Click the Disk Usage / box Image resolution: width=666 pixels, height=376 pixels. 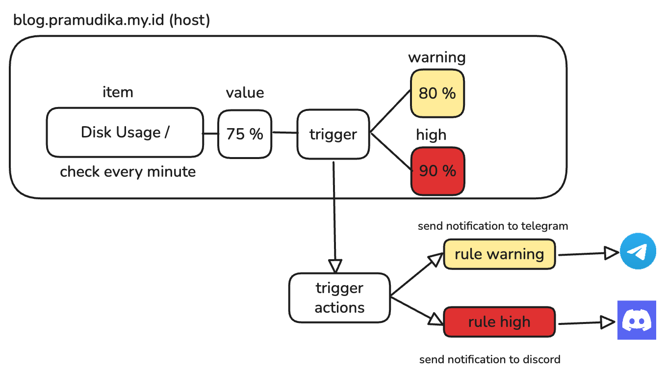125,133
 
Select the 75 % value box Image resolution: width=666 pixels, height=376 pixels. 245,134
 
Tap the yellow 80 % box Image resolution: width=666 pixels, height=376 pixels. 437,93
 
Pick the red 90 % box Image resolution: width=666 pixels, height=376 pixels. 437,171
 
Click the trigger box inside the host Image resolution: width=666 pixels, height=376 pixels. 333,134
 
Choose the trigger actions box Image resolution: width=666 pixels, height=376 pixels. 339,298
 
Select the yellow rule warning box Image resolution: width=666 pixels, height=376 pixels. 499,254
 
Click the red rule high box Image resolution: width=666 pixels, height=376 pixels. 499,322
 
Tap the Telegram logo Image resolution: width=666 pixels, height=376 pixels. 638,251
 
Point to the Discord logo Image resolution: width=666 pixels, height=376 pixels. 637,320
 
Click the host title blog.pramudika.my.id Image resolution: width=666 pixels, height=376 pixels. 112,20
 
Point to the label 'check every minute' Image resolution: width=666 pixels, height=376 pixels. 128,172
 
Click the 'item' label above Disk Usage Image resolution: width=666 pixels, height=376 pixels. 118,92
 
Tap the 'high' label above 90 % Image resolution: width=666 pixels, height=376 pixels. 431,134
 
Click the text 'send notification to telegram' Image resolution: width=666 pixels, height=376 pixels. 493,226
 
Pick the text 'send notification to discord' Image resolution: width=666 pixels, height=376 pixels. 489,359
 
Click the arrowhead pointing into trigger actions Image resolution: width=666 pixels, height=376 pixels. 335,266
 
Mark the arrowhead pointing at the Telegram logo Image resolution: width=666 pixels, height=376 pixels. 612,253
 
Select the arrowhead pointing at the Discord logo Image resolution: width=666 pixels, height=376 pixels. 608,322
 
